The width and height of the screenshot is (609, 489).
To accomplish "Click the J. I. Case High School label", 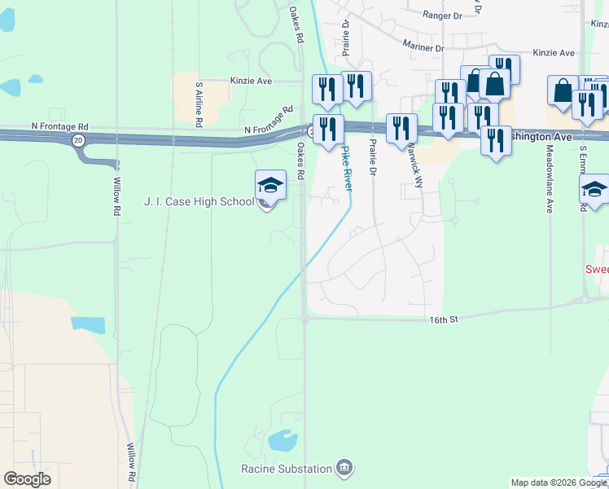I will click(199, 201).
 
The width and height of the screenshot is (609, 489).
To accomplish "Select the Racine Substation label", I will click(287, 468).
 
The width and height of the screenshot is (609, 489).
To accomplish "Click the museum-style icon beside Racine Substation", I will click(344, 468).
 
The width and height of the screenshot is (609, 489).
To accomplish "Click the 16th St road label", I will click(445, 320).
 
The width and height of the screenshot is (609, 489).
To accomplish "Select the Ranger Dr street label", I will click(442, 15).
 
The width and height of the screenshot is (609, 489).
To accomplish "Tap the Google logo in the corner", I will click(27, 479).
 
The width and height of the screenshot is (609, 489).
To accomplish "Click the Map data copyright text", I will click(558, 482).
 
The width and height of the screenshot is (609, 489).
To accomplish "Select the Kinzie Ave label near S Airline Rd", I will click(251, 81).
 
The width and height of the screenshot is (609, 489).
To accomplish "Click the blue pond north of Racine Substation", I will click(282, 441).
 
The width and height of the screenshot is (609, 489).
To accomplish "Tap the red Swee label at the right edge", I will click(597, 269).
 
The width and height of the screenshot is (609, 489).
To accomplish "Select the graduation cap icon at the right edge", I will click(594, 189).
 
